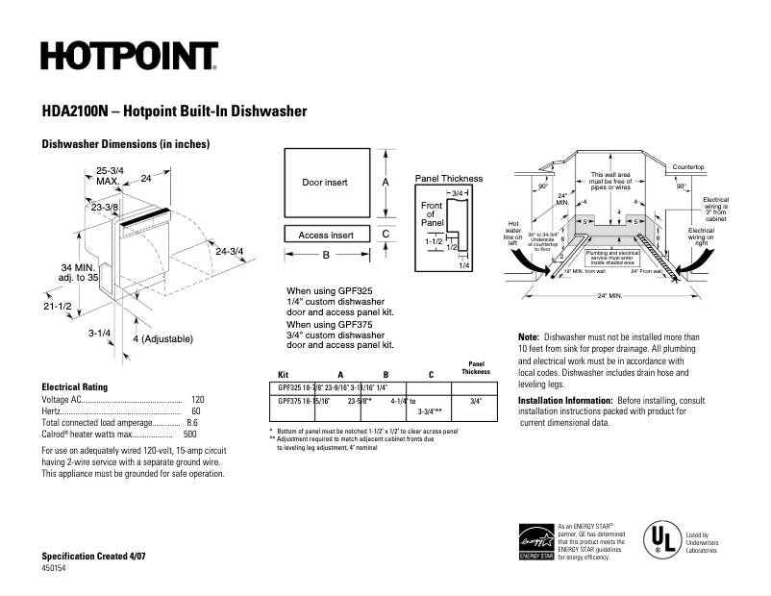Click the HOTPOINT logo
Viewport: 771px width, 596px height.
(x=129, y=56)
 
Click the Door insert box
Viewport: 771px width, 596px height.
(x=325, y=183)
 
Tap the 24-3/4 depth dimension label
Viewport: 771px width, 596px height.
(x=231, y=252)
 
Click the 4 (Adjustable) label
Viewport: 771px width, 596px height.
(x=162, y=339)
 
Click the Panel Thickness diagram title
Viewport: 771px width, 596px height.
(x=448, y=179)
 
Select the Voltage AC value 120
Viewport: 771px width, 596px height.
(x=198, y=399)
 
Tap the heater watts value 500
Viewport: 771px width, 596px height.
(x=190, y=435)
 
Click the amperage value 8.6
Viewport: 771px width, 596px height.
(x=192, y=423)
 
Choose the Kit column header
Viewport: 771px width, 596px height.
(x=284, y=373)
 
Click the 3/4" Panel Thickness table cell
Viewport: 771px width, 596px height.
(x=475, y=400)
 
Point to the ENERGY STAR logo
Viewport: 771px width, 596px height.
(x=536, y=542)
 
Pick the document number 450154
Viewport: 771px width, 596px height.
(x=55, y=568)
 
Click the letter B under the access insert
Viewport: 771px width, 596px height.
(x=326, y=256)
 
